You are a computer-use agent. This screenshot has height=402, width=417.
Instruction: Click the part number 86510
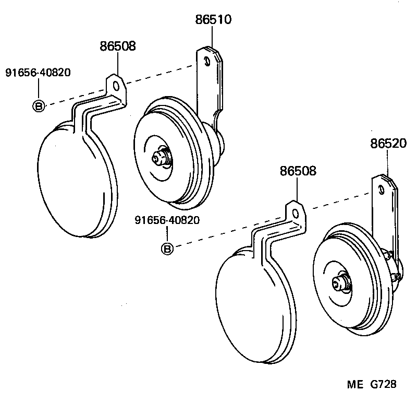pyautogui.click(x=213, y=20)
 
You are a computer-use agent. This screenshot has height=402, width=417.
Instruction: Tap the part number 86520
pyautogui.click(x=388, y=143)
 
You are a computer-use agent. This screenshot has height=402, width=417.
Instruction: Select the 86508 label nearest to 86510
pyautogui.click(x=118, y=46)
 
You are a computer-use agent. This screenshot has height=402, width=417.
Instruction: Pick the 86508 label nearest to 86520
pyautogui.click(x=298, y=171)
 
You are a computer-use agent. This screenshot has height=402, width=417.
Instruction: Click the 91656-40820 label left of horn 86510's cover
pyautogui.click(x=38, y=73)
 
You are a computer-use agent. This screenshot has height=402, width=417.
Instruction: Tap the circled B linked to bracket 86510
pyautogui.click(x=39, y=106)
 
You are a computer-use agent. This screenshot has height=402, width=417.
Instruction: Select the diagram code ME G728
pyautogui.click(x=372, y=385)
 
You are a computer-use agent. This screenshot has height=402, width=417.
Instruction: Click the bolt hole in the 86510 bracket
pyautogui.click(x=207, y=62)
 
